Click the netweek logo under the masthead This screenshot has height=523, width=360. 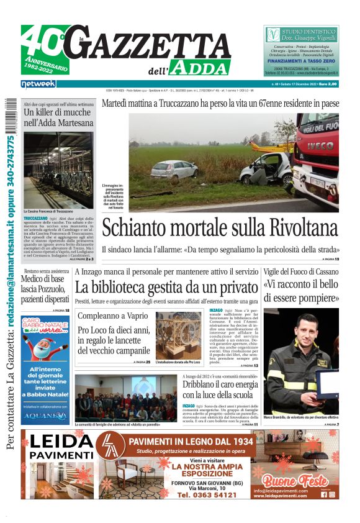[x=38, y=83]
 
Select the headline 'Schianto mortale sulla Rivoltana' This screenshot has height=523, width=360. [x=220, y=227]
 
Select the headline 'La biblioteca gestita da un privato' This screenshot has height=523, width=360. [x=165, y=288]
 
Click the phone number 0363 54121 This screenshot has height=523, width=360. [x=207, y=494]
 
